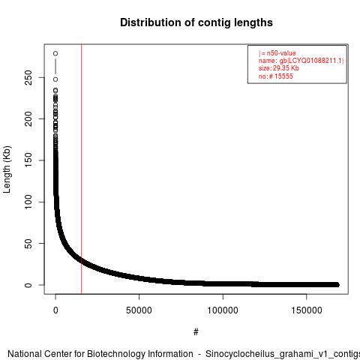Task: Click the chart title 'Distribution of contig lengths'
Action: click(x=196, y=22)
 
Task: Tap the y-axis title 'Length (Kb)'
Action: click(x=7, y=169)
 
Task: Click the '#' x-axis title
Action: click(x=196, y=332)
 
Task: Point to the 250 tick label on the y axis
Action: click(x=28, y=77)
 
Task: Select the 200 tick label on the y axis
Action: click(x=28, y=118)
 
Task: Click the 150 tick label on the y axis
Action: click(x=28, y=160)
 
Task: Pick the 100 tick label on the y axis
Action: click(x=28, y=202)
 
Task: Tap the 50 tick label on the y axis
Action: click(x=28, y=244)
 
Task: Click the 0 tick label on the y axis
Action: click(x=28, y=285)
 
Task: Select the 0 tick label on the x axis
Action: click(x=55, y=310)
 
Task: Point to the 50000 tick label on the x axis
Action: click(x=139, y=310)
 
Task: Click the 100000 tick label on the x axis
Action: click(x=223, y=310)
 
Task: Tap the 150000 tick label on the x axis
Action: click(x=307, y=310)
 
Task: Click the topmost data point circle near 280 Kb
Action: click(x=55, y=53)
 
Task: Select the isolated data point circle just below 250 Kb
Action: click(x=55, y=79)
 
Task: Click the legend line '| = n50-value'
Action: click(x=277, y=53)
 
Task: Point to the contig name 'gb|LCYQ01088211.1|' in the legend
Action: click(x=312, y=61)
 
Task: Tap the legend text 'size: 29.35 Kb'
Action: click(x=279, y=68)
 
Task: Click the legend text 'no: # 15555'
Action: click(x=275, y=76)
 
